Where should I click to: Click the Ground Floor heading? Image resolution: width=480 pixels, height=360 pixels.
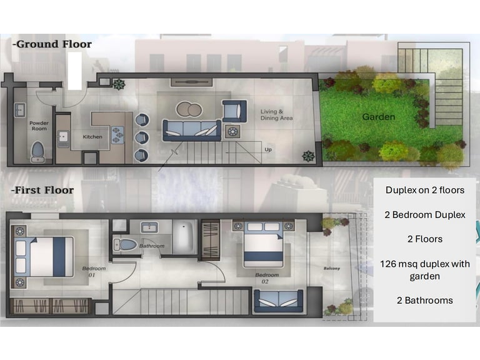[52, 44]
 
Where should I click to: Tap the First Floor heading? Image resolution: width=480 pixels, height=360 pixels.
[42, 190]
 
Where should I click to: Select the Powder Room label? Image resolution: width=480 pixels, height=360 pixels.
[39, 126]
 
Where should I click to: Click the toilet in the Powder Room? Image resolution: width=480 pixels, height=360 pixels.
[37, 151]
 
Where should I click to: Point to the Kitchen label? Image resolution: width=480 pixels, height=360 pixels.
[92, 137]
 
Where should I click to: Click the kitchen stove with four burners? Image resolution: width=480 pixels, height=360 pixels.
[117, 135]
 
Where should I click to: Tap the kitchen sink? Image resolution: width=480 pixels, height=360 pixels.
[63, 139]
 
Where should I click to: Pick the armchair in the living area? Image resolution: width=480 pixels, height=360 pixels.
[234, 111]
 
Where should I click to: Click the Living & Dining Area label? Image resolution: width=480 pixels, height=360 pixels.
[276, 115]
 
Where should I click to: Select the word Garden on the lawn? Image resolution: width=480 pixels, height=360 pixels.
[379, 117]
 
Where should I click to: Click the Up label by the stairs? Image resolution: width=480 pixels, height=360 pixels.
[268, 150]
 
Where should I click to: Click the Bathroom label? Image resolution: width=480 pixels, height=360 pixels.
[152, 246]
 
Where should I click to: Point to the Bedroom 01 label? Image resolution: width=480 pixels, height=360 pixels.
[93, 271]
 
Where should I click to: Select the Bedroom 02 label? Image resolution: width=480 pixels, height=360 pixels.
[267, 278]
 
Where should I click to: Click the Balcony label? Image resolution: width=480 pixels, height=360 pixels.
[332, 269]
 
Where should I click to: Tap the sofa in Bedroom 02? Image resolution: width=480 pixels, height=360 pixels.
[278, 301]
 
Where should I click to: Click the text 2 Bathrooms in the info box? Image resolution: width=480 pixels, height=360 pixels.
[424, 300]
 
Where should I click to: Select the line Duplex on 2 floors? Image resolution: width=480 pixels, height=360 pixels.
[425, 190]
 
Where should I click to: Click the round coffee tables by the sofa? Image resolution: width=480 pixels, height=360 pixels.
[189, 109]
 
